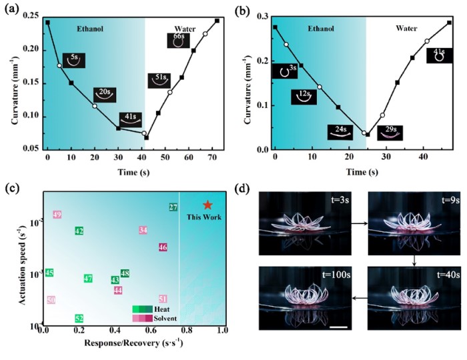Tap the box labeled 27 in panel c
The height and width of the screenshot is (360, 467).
point(173,208)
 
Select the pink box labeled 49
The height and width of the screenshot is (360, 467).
point(57,215)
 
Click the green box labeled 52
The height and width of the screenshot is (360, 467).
point(79,319)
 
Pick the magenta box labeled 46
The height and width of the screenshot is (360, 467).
point(163,247)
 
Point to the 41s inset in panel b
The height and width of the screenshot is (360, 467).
point(438,54)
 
